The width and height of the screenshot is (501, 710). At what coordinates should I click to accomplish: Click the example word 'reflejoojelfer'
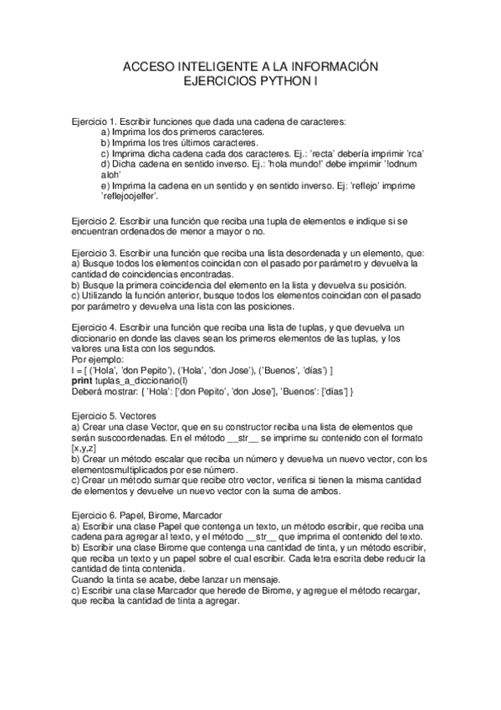pyautogui.click(x=129, y=197)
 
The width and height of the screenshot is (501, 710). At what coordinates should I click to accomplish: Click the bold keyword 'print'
pyautogui.click(x=82, y=380)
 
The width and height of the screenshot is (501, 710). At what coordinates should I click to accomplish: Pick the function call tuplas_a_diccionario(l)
pyautogui.click(x=137, y=380)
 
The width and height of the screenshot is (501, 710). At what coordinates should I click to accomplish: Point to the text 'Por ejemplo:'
pyautogui.click(x=97, y=358)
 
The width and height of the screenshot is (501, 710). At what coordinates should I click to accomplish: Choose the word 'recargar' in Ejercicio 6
pyautogui.click(x=395, y=589)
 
